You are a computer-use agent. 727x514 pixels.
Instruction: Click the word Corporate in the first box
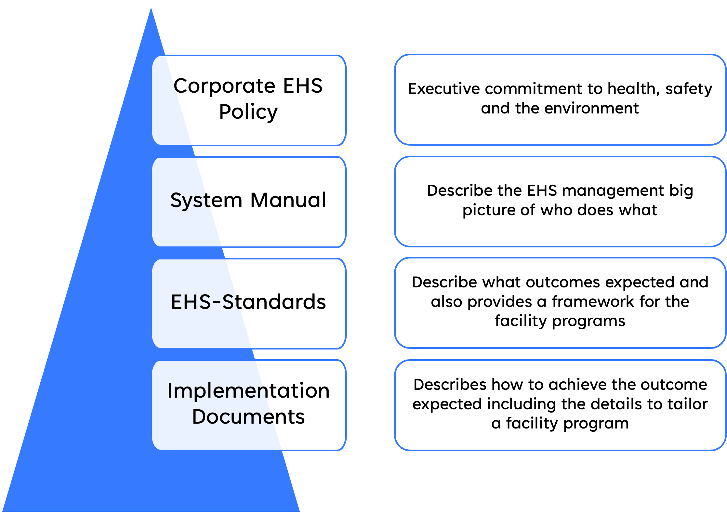(225, 86)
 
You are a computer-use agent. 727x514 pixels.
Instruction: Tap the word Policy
(248, 112)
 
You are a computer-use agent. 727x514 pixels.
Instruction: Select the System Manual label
(248, 201)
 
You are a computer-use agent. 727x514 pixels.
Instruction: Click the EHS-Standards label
(248, 302)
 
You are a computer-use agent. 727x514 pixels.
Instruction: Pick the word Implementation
(248, 391)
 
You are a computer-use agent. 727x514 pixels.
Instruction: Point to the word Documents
(248, 417)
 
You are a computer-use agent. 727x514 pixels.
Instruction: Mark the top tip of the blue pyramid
(151, 7)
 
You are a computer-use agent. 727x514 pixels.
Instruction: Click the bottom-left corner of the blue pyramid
(3, 511)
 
